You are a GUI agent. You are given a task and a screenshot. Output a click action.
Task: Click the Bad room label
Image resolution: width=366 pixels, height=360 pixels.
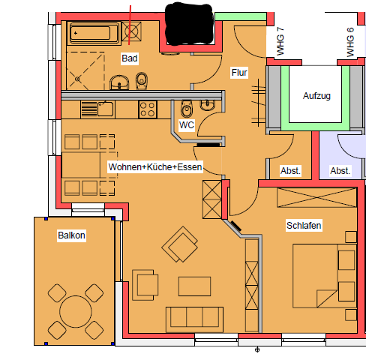(x=130, y=58)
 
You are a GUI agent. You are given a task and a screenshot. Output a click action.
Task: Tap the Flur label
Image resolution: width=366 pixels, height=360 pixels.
(x=239, y=73)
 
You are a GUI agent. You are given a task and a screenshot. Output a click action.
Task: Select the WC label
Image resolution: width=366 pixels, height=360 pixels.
(x=187, y=124)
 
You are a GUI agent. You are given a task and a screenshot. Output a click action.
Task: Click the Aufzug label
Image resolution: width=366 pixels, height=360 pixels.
(x=316, y=96)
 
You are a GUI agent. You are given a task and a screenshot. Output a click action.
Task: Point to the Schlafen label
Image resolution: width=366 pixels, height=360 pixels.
(x=304, y=226)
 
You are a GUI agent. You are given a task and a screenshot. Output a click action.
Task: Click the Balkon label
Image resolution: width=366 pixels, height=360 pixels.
(x=71, y=235)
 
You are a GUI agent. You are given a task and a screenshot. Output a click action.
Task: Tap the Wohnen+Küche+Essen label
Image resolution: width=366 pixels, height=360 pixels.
(x=155, y=166)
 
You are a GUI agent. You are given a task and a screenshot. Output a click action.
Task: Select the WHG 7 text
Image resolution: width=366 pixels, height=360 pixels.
(x=280, y=41)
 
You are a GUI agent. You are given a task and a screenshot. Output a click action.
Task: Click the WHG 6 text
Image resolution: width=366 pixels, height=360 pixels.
(x=350, y=42)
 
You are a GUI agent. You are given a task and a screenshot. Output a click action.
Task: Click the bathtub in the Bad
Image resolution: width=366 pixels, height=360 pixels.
(x=94, y=33)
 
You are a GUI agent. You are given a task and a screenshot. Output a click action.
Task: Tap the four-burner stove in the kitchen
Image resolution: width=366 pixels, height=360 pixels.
(x=148, y=109)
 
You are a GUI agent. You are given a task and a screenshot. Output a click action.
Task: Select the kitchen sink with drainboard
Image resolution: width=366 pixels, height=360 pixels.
(x=97, y=109)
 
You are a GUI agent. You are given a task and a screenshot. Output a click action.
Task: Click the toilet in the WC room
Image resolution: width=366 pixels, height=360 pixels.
(x=187, y=109)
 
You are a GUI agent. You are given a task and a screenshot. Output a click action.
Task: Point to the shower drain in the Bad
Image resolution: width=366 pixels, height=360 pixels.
(x=77, y=79)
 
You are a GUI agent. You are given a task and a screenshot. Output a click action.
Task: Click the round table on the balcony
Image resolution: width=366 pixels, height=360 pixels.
(x=76, y=311)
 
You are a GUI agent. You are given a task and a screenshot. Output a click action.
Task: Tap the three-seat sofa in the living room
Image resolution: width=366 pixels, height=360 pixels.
(x=194, y=319)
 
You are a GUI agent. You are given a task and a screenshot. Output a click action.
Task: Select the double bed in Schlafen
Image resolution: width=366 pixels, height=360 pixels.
(x=325, y=276)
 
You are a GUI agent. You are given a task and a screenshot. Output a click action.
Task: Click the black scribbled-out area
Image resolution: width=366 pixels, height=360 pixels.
(x=189, y=24)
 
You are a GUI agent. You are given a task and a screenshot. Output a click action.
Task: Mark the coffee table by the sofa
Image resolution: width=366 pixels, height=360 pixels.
(x=194, y=286)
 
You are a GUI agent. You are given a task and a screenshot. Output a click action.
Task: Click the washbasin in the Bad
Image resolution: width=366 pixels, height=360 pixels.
(x=119, y=82)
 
